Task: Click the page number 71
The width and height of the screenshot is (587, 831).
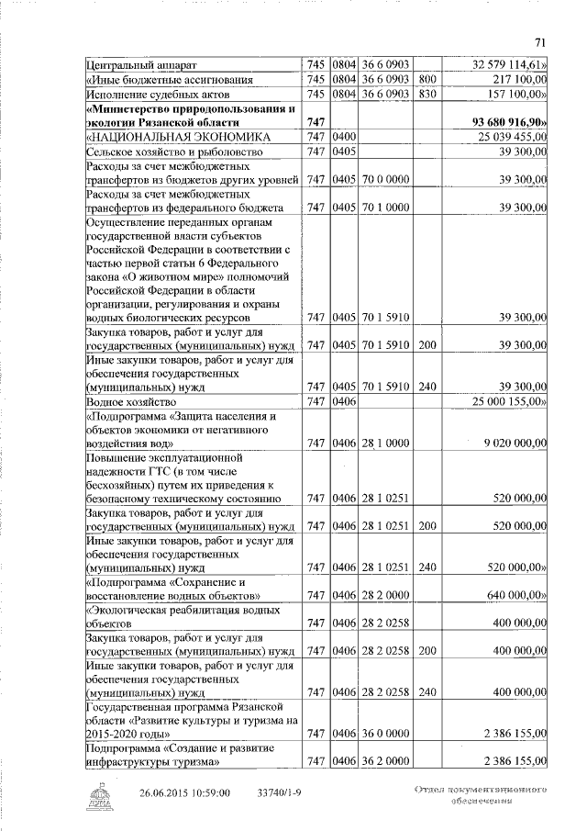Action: pos(539,40)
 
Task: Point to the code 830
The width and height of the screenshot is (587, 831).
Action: pos(426,94)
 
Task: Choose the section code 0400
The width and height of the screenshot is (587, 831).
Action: pos(344,137)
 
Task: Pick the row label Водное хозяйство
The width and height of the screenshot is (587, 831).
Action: pos(130,402)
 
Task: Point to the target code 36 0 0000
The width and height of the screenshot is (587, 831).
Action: pos(385,732)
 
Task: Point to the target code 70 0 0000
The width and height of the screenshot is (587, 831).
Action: pos(385,179)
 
